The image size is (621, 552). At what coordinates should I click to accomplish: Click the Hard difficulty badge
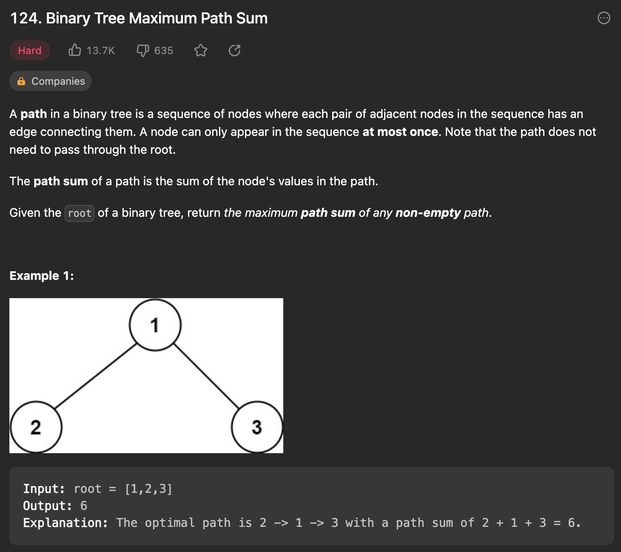click(x=30, y=51)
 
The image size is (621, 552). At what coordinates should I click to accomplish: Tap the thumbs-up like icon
click(x=75, y=50)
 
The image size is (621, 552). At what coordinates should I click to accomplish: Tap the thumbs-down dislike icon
click(x=142, y=51)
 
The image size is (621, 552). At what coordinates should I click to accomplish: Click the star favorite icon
click(x=201, y=51)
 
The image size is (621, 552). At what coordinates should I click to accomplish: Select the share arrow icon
click(x=234, y=51)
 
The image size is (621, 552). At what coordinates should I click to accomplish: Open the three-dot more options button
click(x=604, y=18)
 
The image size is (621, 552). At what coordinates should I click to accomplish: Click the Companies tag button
click(x=51, y=81)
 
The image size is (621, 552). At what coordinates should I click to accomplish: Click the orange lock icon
click(x=21, y=81)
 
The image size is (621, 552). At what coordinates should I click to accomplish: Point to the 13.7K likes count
click(x=101, y=51)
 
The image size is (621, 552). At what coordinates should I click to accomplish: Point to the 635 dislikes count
click(x=164, y=51)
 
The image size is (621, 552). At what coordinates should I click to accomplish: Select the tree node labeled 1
click(x=155, y=325)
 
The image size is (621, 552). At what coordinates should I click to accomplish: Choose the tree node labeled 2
click(x=36, y=427)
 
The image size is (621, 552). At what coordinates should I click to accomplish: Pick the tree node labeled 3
click(x=257, y=427)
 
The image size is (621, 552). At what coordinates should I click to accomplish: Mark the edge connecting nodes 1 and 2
click(x=96, y=376)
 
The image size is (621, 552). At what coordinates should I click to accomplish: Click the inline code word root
click(x=80, y=213)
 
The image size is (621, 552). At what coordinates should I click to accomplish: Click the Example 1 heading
click(x=42, y=276)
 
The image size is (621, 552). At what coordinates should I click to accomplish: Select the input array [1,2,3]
click(x=148, y=489)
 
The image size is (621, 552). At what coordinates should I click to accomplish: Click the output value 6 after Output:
click(x=84, y=506)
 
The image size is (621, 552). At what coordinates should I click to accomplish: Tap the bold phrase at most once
click(x=400, y=132)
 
